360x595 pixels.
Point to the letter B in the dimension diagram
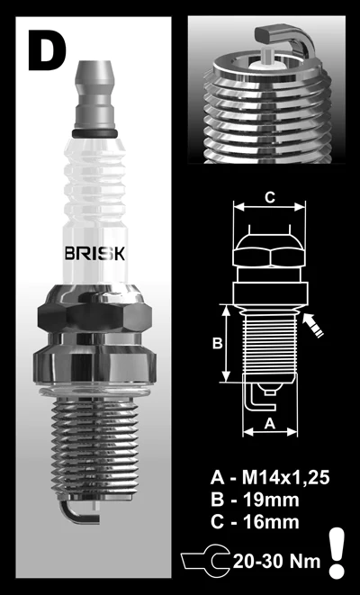coord(216,343)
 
